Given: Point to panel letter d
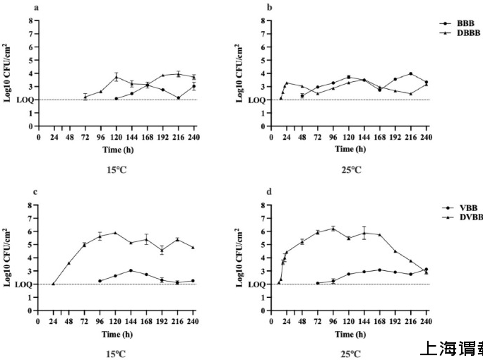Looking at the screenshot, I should (269, 191).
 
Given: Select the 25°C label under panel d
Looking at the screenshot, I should (348, 354).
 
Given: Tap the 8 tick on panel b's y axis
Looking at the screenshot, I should (263, 20).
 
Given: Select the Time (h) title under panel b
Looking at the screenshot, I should (348, 149).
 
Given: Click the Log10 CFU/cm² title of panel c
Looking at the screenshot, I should (8, 258).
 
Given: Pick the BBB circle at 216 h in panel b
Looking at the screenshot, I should (410, 73).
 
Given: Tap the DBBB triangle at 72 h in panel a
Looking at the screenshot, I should (85, 96).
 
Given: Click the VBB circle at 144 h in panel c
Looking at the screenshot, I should (131, 270).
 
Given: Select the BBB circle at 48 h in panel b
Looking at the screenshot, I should (302, 95).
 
